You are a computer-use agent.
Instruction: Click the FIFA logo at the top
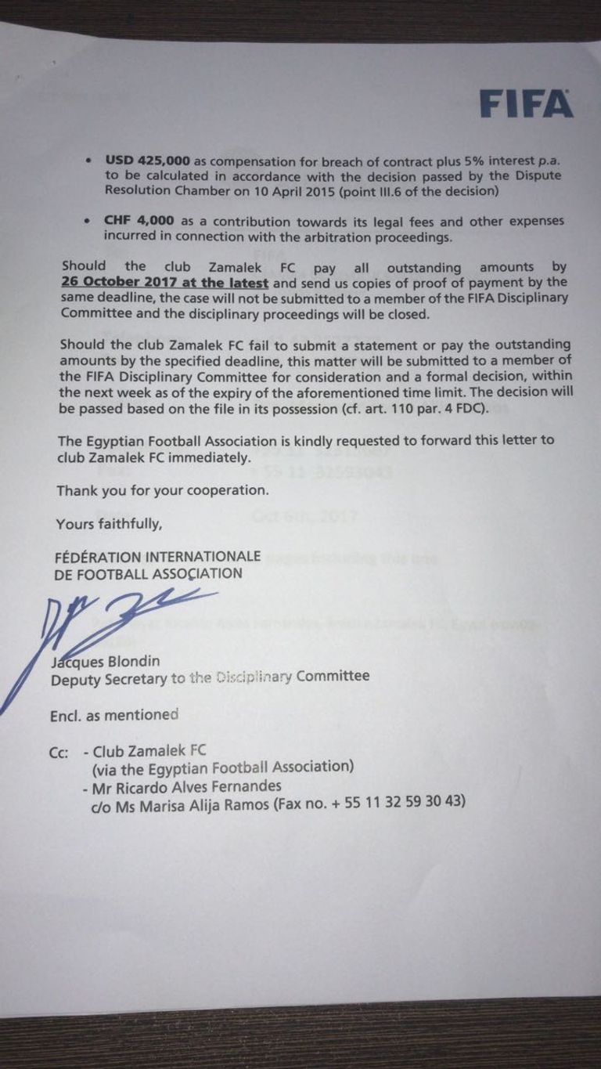click(526, 103)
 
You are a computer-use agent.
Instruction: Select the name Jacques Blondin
click(99, 660)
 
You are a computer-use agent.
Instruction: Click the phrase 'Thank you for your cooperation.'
click(163, 491)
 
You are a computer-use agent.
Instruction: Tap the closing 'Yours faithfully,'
click(109, 524)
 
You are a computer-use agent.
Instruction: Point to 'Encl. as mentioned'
click(114, 714)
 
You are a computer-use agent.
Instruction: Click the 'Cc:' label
click(59, 751)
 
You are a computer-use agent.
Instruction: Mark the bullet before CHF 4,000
click(88, 222)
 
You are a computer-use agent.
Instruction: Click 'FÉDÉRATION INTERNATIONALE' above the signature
click(158, 557)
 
